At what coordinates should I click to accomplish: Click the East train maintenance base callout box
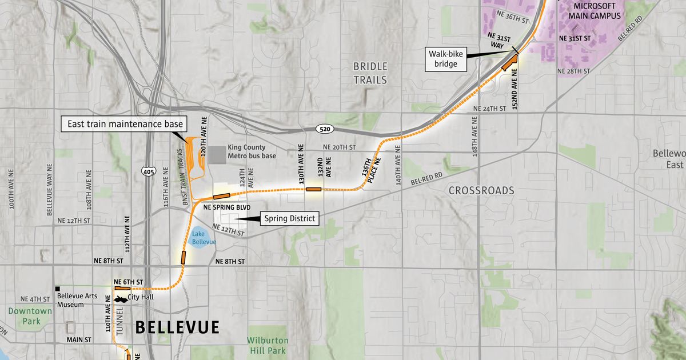point(125,124)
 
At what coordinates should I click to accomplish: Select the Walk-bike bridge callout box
point(446,59)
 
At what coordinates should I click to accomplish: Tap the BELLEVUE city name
point(177,327)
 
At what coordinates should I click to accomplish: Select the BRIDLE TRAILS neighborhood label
point(370,73)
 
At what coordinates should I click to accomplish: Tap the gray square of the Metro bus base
point(216,154)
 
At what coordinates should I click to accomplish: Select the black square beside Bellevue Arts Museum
point(58,289)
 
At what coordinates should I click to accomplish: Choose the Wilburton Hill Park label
point(268,345)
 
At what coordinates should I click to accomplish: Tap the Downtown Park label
point(30,315)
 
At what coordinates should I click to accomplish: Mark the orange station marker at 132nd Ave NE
point(314,189)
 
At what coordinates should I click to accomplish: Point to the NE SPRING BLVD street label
point(227,207)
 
